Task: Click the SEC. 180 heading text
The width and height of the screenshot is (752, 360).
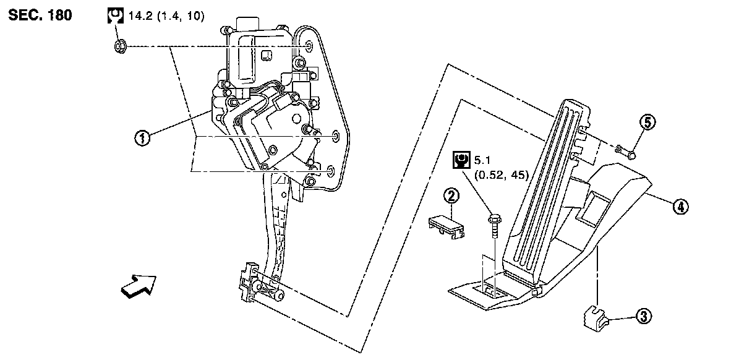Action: [x=40, y=15]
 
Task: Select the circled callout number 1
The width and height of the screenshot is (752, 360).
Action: [x=143, y=138]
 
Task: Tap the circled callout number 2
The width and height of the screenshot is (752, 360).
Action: [x=452, y=197]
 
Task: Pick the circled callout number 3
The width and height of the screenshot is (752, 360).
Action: [x=644, y=317]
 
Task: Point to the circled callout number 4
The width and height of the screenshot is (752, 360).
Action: [x=680, y=207]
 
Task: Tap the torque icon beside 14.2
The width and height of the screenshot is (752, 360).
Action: [x=113, y=15]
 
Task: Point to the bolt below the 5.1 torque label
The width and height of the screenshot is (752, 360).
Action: [x=495, y=225]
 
